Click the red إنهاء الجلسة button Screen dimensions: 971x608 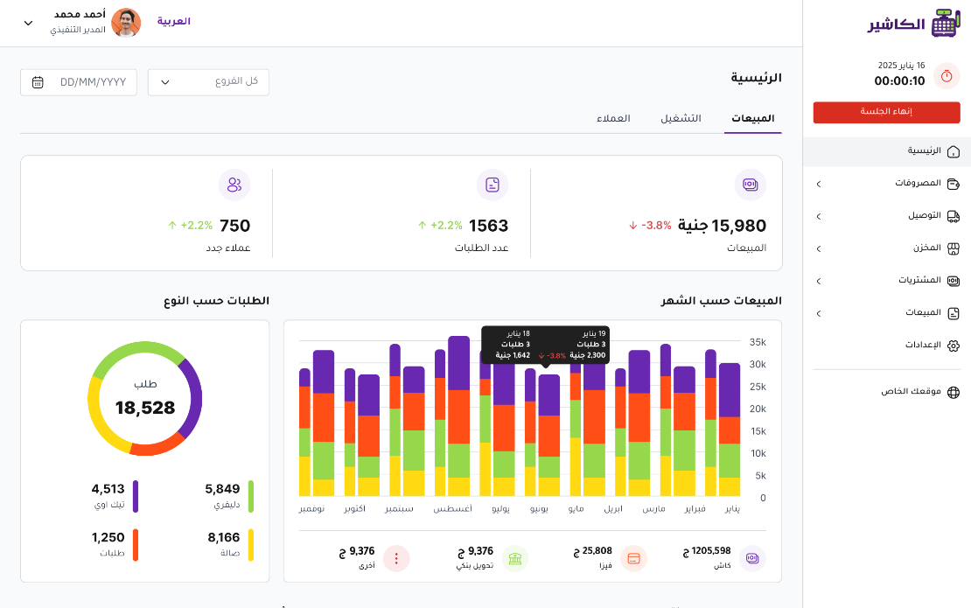coord(886,112)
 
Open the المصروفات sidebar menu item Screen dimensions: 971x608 coord(918,183)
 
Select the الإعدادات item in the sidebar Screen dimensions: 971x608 coord(923,345)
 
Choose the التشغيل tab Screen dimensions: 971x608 coord(681,118)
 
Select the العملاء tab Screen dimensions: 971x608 coord(613,118)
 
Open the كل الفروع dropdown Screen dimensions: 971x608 coord(208,81)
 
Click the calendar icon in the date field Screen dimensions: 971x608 coord(38,82)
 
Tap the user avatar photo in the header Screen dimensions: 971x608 coord(126,23)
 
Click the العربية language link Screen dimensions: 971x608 coord(173,21)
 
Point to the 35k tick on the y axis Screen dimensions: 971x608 coord(758,342)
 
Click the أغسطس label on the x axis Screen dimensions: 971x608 coord(452,509)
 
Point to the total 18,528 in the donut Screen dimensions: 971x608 coord(145,408)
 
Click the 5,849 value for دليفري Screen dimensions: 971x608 coord(222,489)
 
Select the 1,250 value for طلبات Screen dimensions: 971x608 coord(108,537)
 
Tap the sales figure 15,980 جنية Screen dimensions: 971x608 coord(722,226)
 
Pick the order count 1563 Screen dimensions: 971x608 coord(489,226)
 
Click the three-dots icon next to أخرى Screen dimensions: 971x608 coord(396,558)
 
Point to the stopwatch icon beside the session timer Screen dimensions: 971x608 coord(947,75)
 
